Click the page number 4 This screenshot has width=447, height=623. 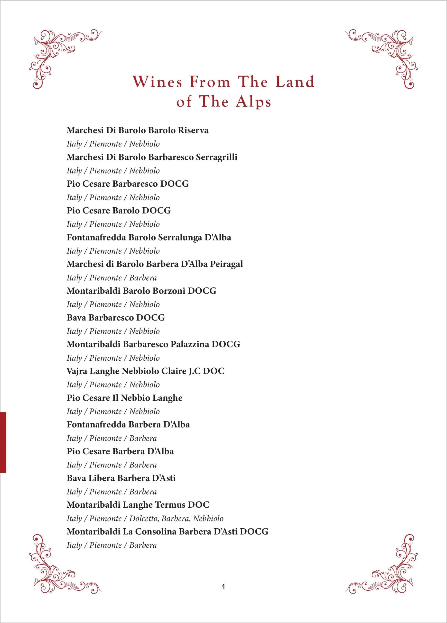pyautogui.click(x=223, y=586)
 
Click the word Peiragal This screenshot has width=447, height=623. pyautogui.click(x=226, y=264)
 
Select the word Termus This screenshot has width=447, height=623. pyautogui.click(x=170, y=505)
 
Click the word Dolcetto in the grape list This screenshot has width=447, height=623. pyautogui.click(x=144, y=518)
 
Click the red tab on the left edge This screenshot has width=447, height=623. pyautogui.click(x=3, y=442)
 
